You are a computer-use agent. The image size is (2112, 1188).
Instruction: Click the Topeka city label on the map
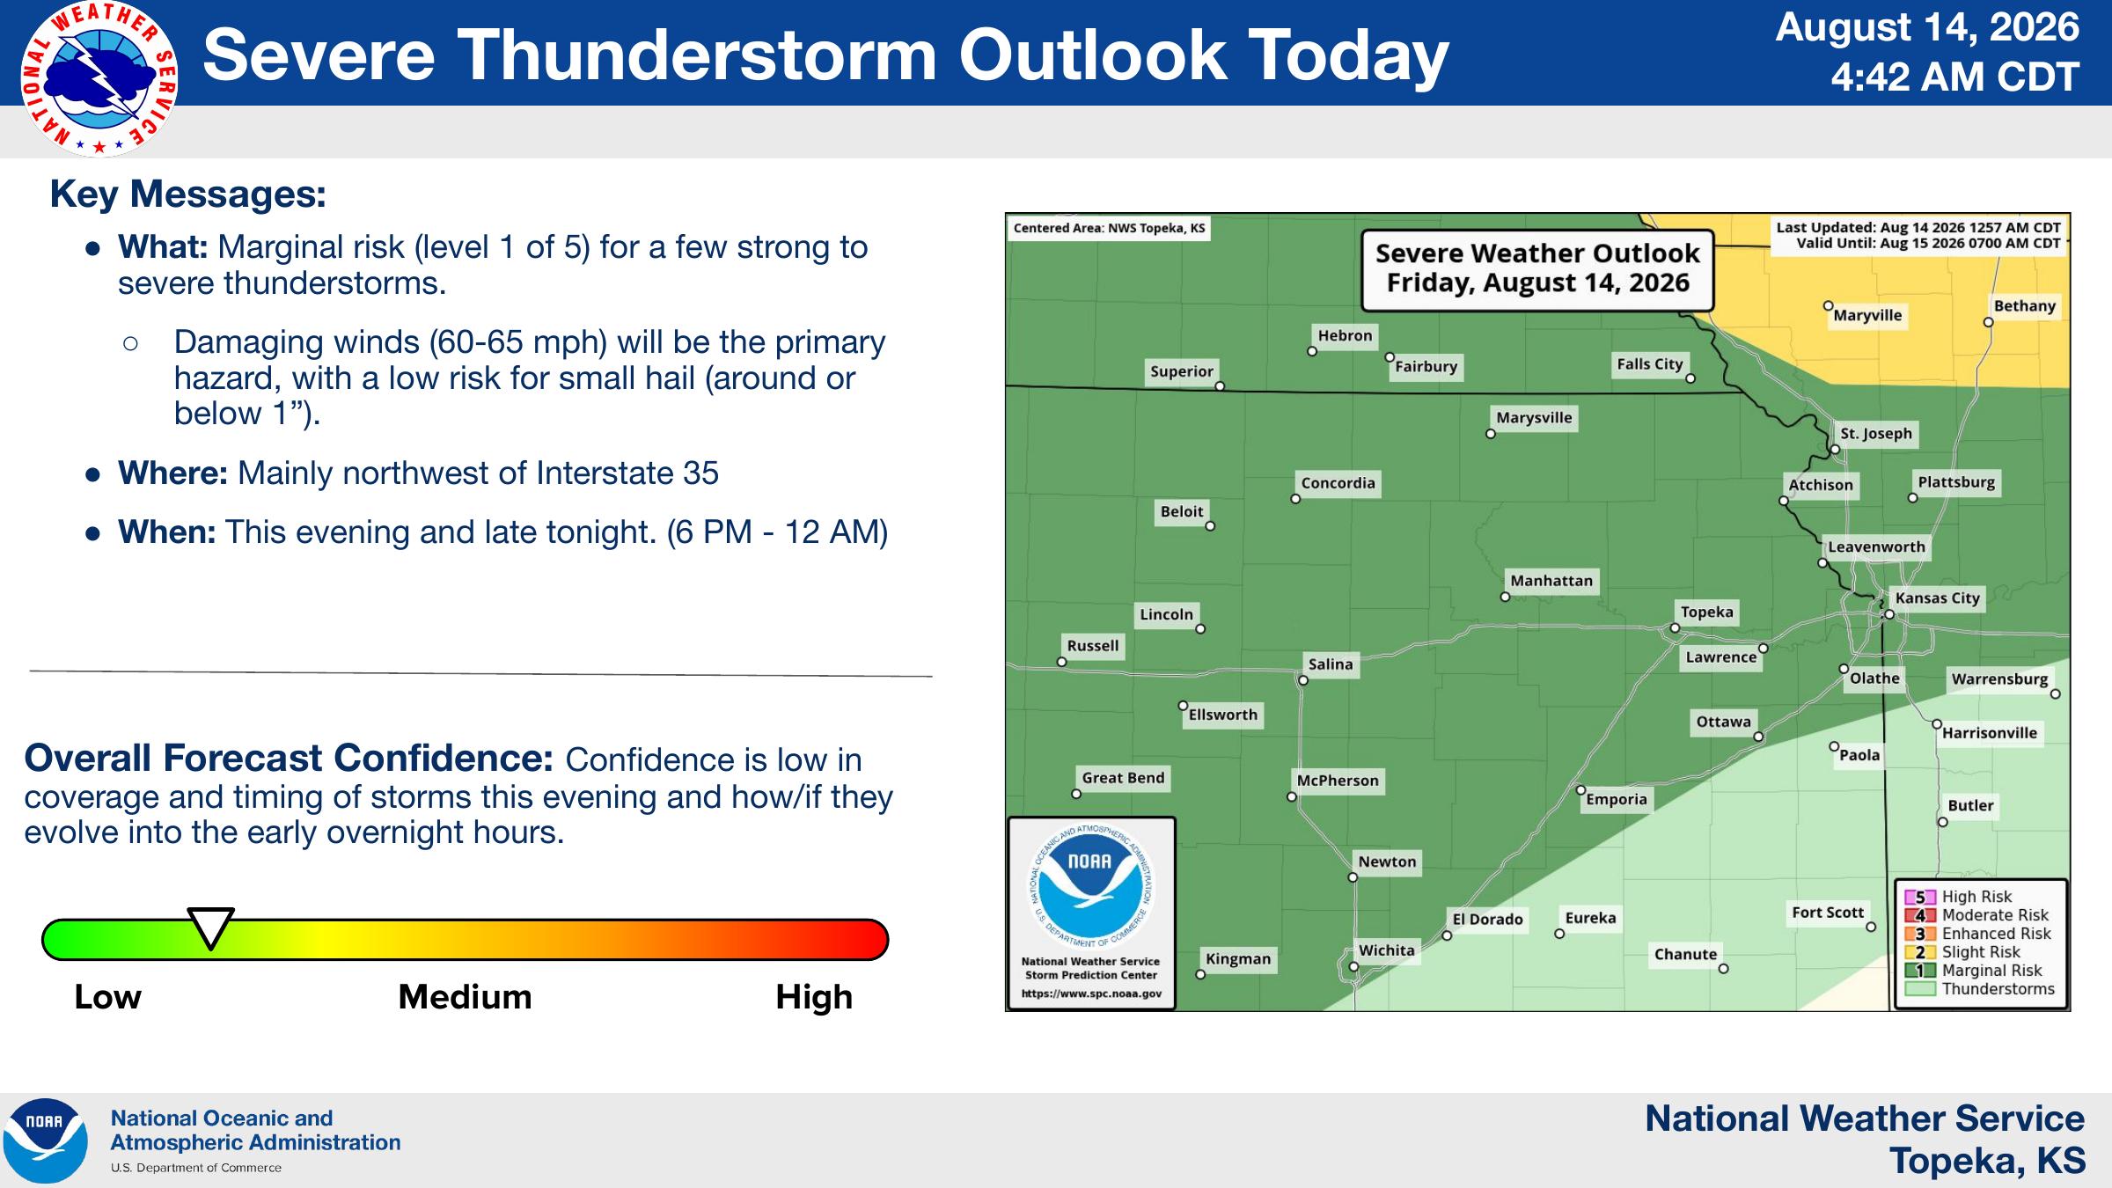[1706, 612]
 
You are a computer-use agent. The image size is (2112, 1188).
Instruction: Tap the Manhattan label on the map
[1551, 581]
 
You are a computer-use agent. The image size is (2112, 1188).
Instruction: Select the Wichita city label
[1386, 950]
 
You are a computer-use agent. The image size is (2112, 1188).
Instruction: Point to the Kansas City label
[1937, 598]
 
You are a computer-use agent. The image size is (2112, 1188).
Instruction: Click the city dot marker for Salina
[1303, 680]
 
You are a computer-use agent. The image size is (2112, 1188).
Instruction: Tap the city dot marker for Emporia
[1580, 790]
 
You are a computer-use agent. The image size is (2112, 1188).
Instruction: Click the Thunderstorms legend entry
[1979, 989]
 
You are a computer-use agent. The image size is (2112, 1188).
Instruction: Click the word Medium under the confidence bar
[465, 997]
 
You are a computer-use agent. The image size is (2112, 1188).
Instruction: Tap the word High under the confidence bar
[814, 998]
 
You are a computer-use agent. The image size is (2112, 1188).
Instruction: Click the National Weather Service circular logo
[99, 79]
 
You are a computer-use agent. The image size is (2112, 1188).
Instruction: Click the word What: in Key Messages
[163, 247]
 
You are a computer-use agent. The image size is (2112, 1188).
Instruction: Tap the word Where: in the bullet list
[173, 473]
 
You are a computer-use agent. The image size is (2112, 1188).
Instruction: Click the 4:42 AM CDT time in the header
[1954, 77]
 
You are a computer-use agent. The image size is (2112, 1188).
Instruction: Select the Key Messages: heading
[188, 194]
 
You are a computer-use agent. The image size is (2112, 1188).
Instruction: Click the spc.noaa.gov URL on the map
[1091, 994]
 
